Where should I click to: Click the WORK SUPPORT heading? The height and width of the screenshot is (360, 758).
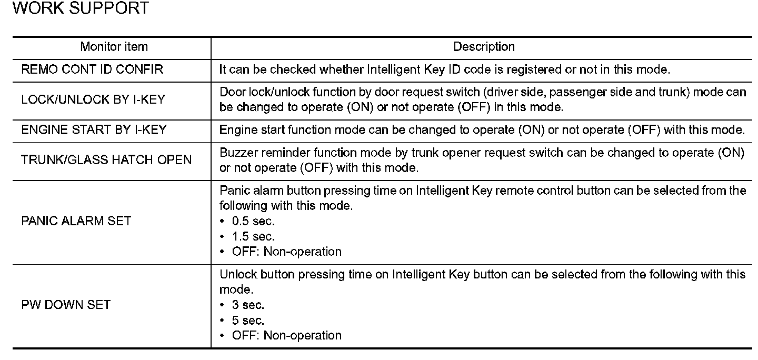coord(80,9)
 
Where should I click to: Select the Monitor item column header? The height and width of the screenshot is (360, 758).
coord(114,47)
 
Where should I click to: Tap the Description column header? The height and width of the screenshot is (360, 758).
coord(484,47)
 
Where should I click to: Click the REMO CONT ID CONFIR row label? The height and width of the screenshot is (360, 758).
coord(92,69)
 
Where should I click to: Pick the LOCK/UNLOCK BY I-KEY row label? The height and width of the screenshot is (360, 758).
coord(93,99)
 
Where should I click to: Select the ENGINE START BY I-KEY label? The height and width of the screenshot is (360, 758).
coord(94,130)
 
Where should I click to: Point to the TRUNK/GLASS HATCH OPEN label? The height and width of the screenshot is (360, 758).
coord(106,160)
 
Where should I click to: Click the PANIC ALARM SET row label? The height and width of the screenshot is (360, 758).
coord(76,221)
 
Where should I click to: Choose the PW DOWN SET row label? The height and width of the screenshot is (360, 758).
coord(66,305)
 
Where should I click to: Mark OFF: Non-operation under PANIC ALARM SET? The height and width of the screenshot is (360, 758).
coord(286,252)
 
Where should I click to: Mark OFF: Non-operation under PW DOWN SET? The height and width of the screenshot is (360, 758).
coord(286,335)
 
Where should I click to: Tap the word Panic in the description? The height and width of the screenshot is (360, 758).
coord(233,191)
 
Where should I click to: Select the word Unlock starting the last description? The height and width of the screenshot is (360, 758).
coord(235,274)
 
